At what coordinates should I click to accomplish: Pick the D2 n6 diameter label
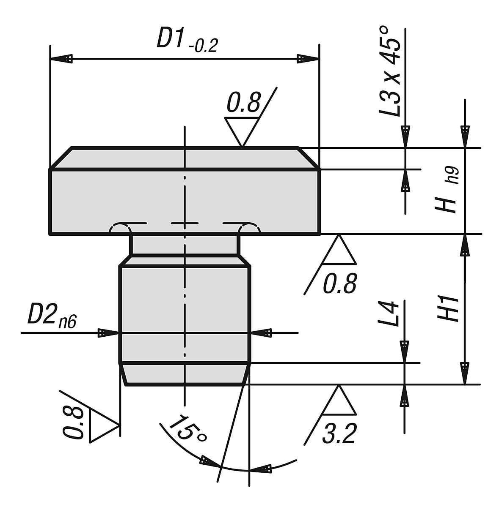point(52,316)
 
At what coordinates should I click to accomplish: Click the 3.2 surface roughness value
point(339,433)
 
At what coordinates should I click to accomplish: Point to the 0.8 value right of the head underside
point(339,283)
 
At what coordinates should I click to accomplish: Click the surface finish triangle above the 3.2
point(339,401)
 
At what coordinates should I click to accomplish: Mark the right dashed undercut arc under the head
point(250,229)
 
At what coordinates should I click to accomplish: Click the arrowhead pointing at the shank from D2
point(109,333)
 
